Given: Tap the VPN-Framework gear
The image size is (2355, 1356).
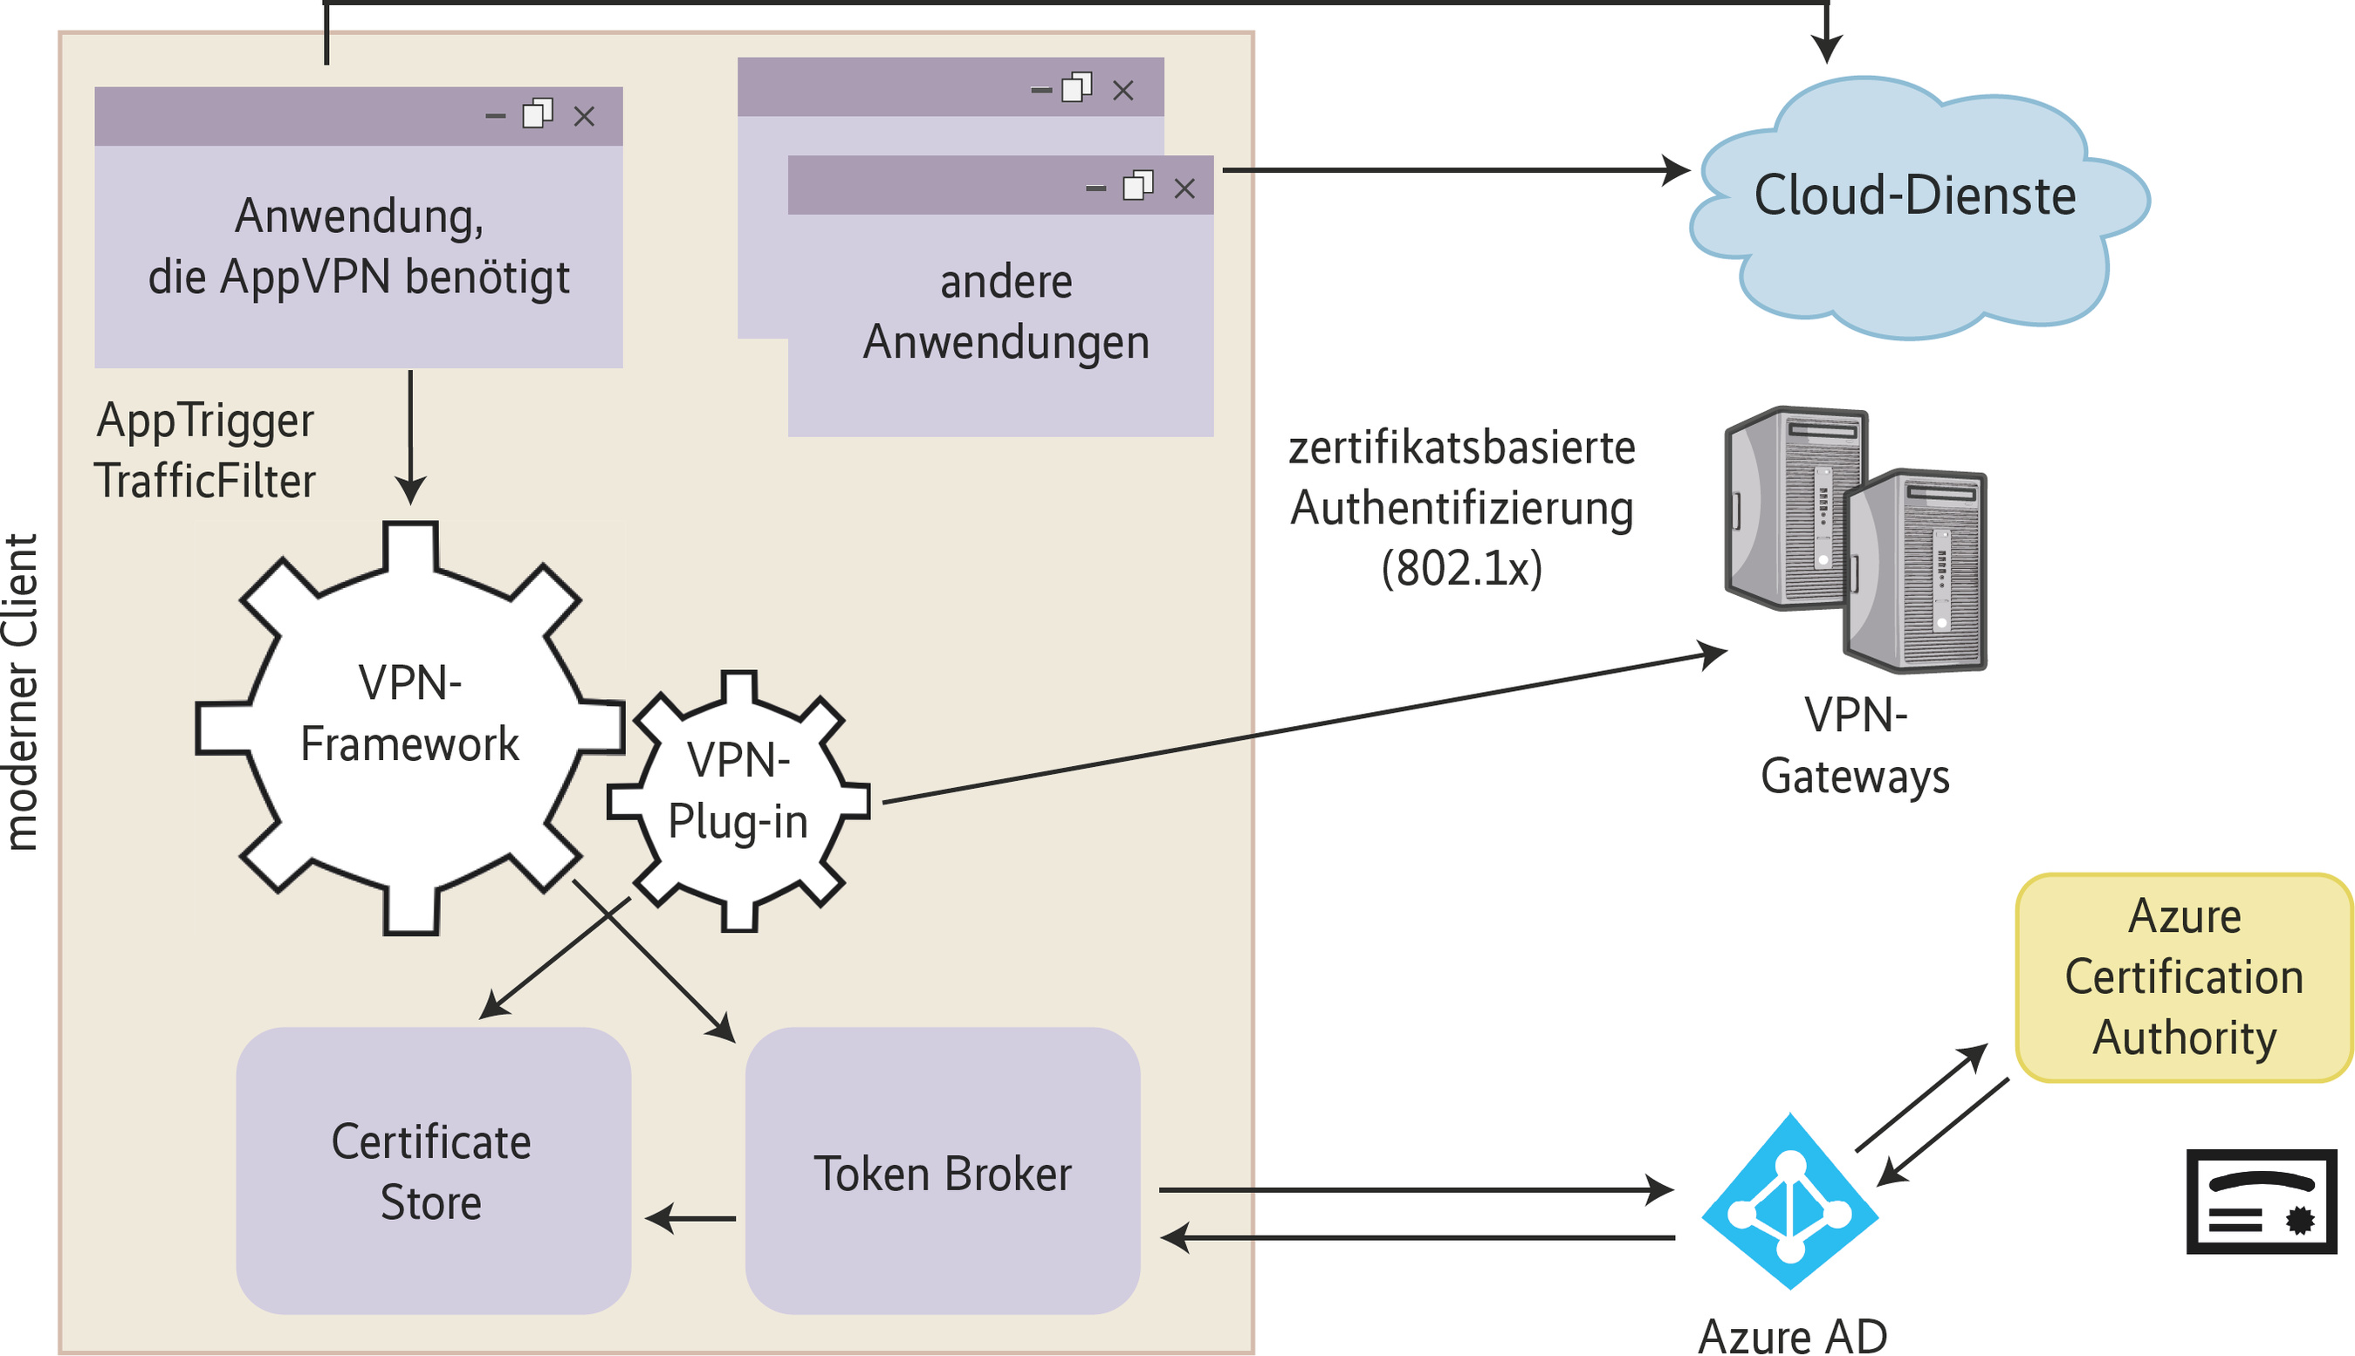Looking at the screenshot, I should (410, 726).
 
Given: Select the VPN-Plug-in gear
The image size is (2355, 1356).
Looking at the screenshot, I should (738, 801).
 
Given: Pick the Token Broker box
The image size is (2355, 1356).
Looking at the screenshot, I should (943, 1171).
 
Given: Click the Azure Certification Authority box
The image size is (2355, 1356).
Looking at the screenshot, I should (2183, 978).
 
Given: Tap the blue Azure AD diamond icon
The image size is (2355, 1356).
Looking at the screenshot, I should (1789, 1202).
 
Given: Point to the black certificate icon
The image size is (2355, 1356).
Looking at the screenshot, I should (2261, 1202).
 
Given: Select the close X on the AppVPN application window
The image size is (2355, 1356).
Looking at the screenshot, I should (584, 116).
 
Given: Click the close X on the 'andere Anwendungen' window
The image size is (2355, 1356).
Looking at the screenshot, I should (1184, 188).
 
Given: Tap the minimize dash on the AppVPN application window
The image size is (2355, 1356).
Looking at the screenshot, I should (496, 116).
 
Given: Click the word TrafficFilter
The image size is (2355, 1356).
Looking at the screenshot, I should (205, 482).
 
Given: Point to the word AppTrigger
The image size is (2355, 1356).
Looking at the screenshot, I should (205, 421).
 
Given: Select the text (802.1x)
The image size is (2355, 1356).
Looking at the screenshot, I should (1462, 568).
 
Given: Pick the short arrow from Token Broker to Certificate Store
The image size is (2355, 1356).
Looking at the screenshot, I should (691, 1218).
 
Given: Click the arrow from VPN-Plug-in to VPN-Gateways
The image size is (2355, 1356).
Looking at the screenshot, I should (1304, 726).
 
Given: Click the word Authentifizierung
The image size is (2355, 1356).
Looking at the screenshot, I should (1462, 509).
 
